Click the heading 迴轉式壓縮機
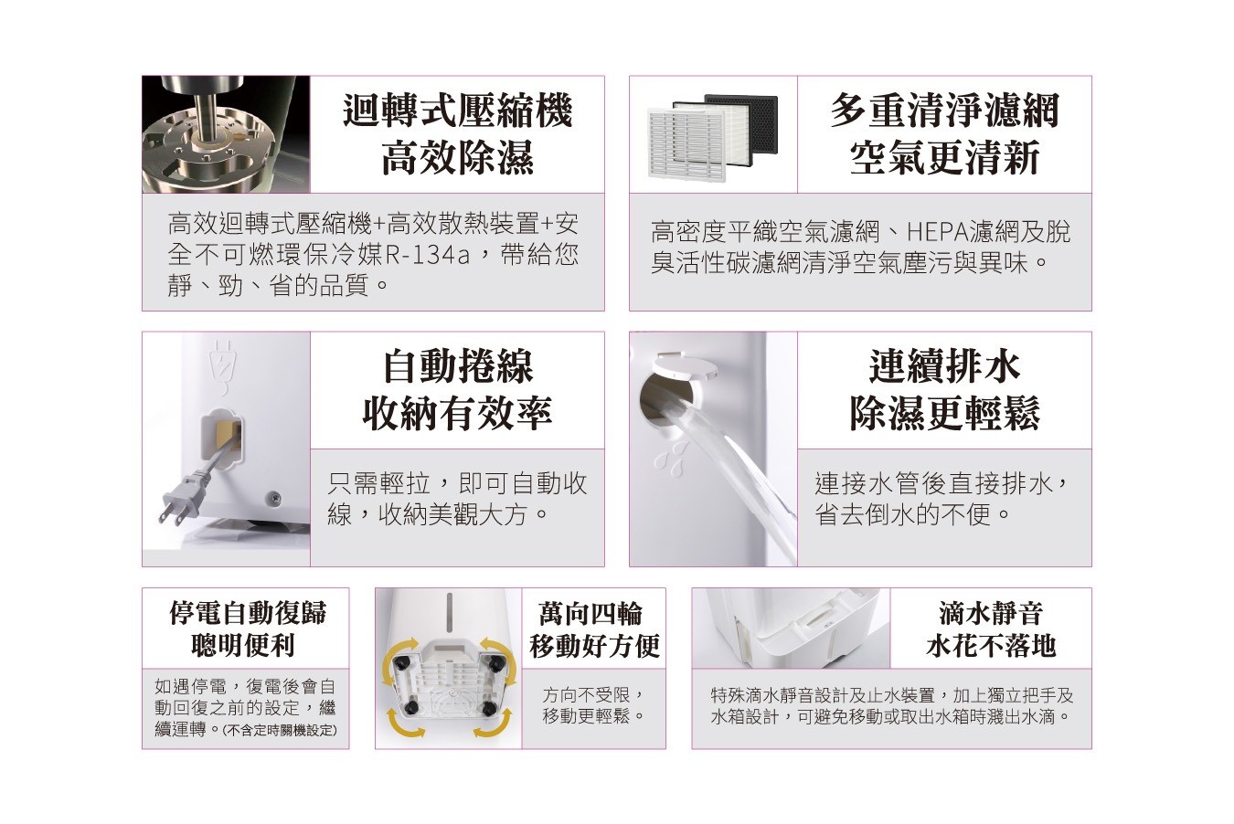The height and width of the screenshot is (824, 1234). coord(457,111)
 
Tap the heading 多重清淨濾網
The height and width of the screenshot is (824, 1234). coord(944,111)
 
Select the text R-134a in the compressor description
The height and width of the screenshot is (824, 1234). coord(427,255)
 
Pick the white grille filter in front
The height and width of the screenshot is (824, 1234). coord(686,144)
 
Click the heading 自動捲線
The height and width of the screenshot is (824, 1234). coord(458,366)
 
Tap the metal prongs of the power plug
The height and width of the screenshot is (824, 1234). coord(170,513)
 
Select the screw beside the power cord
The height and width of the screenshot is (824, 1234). coord(271,497)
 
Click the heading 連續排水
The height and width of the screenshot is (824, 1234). coord(944,366)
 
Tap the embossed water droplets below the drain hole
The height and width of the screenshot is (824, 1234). coord(671,457)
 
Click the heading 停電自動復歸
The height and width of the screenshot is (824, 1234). coord(248,613)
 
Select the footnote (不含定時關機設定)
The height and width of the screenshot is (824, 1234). coord(280,730)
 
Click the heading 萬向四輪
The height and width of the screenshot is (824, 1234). coord(590,614)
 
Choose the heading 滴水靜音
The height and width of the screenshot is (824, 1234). coord(991,614)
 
